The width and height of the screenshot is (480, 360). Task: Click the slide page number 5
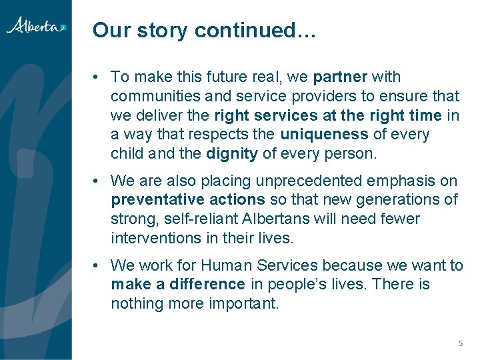460,343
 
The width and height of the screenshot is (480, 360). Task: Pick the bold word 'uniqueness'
324,135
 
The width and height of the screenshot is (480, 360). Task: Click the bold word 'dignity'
231,154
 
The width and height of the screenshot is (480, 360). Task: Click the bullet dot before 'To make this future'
97,77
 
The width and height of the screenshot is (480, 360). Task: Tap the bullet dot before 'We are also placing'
97,181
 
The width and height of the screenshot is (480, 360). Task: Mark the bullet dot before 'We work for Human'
97,265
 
